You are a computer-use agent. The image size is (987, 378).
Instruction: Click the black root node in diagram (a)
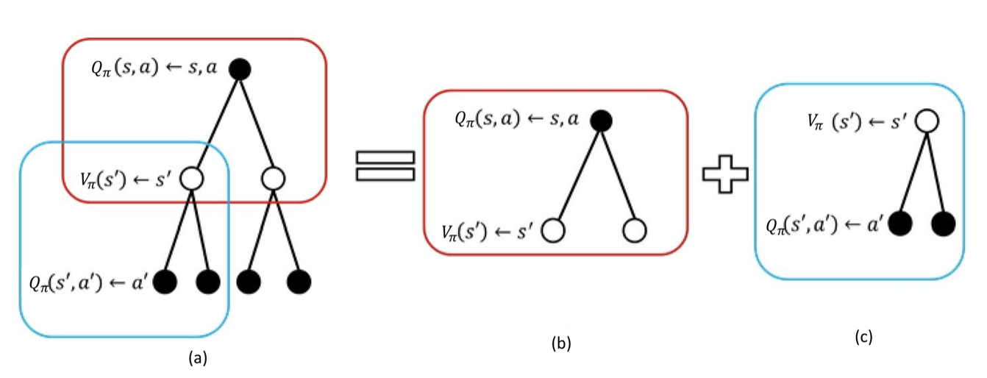pyautogui.click(x=240, y=69)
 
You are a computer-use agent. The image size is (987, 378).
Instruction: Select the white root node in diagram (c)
pyautogui.click(x=927, y=119)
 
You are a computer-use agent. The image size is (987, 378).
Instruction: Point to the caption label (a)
pyautogui.click(x=196, y=358)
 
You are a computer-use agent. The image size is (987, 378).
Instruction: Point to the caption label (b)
pyautogui.click(x=561, y=343)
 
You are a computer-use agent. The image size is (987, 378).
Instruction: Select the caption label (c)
pyautogui.click(x=864, y=337)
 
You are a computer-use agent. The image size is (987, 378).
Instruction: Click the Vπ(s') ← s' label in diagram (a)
pyautogui.click(x=127, y=178)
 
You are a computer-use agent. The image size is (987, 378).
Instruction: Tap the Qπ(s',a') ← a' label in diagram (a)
pyautogui.click(x=88, y=281)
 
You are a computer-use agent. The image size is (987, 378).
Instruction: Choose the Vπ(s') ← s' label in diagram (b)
pyautogui.click(x=488, y=231)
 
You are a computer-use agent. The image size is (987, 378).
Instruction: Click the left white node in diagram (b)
pyautogui.click(x=553, y=231)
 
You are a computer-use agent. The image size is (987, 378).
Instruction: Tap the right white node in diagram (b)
pyautogui.click(x=634, y=231)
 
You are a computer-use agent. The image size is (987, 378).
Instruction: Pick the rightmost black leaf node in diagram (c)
pyautogui.click(x=943, y=223)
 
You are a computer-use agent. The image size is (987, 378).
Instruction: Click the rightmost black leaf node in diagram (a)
pyautogui.click(x=299, y=281)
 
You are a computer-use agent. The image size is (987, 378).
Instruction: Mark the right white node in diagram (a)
pyautogui.click(x=273, y=178)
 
